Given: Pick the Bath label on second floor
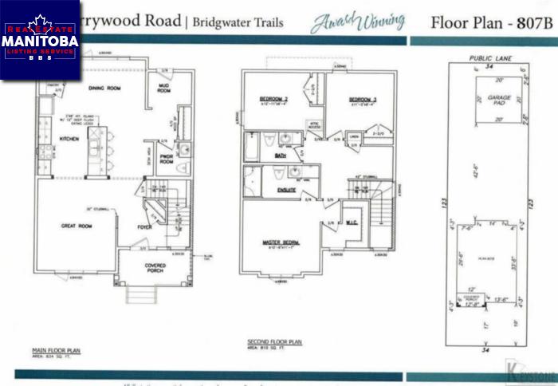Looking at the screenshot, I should pos(281,156).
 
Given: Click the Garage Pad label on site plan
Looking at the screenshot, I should pos(500,99).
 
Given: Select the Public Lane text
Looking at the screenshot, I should pos(488,59).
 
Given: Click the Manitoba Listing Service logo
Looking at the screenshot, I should pos(40,39).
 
